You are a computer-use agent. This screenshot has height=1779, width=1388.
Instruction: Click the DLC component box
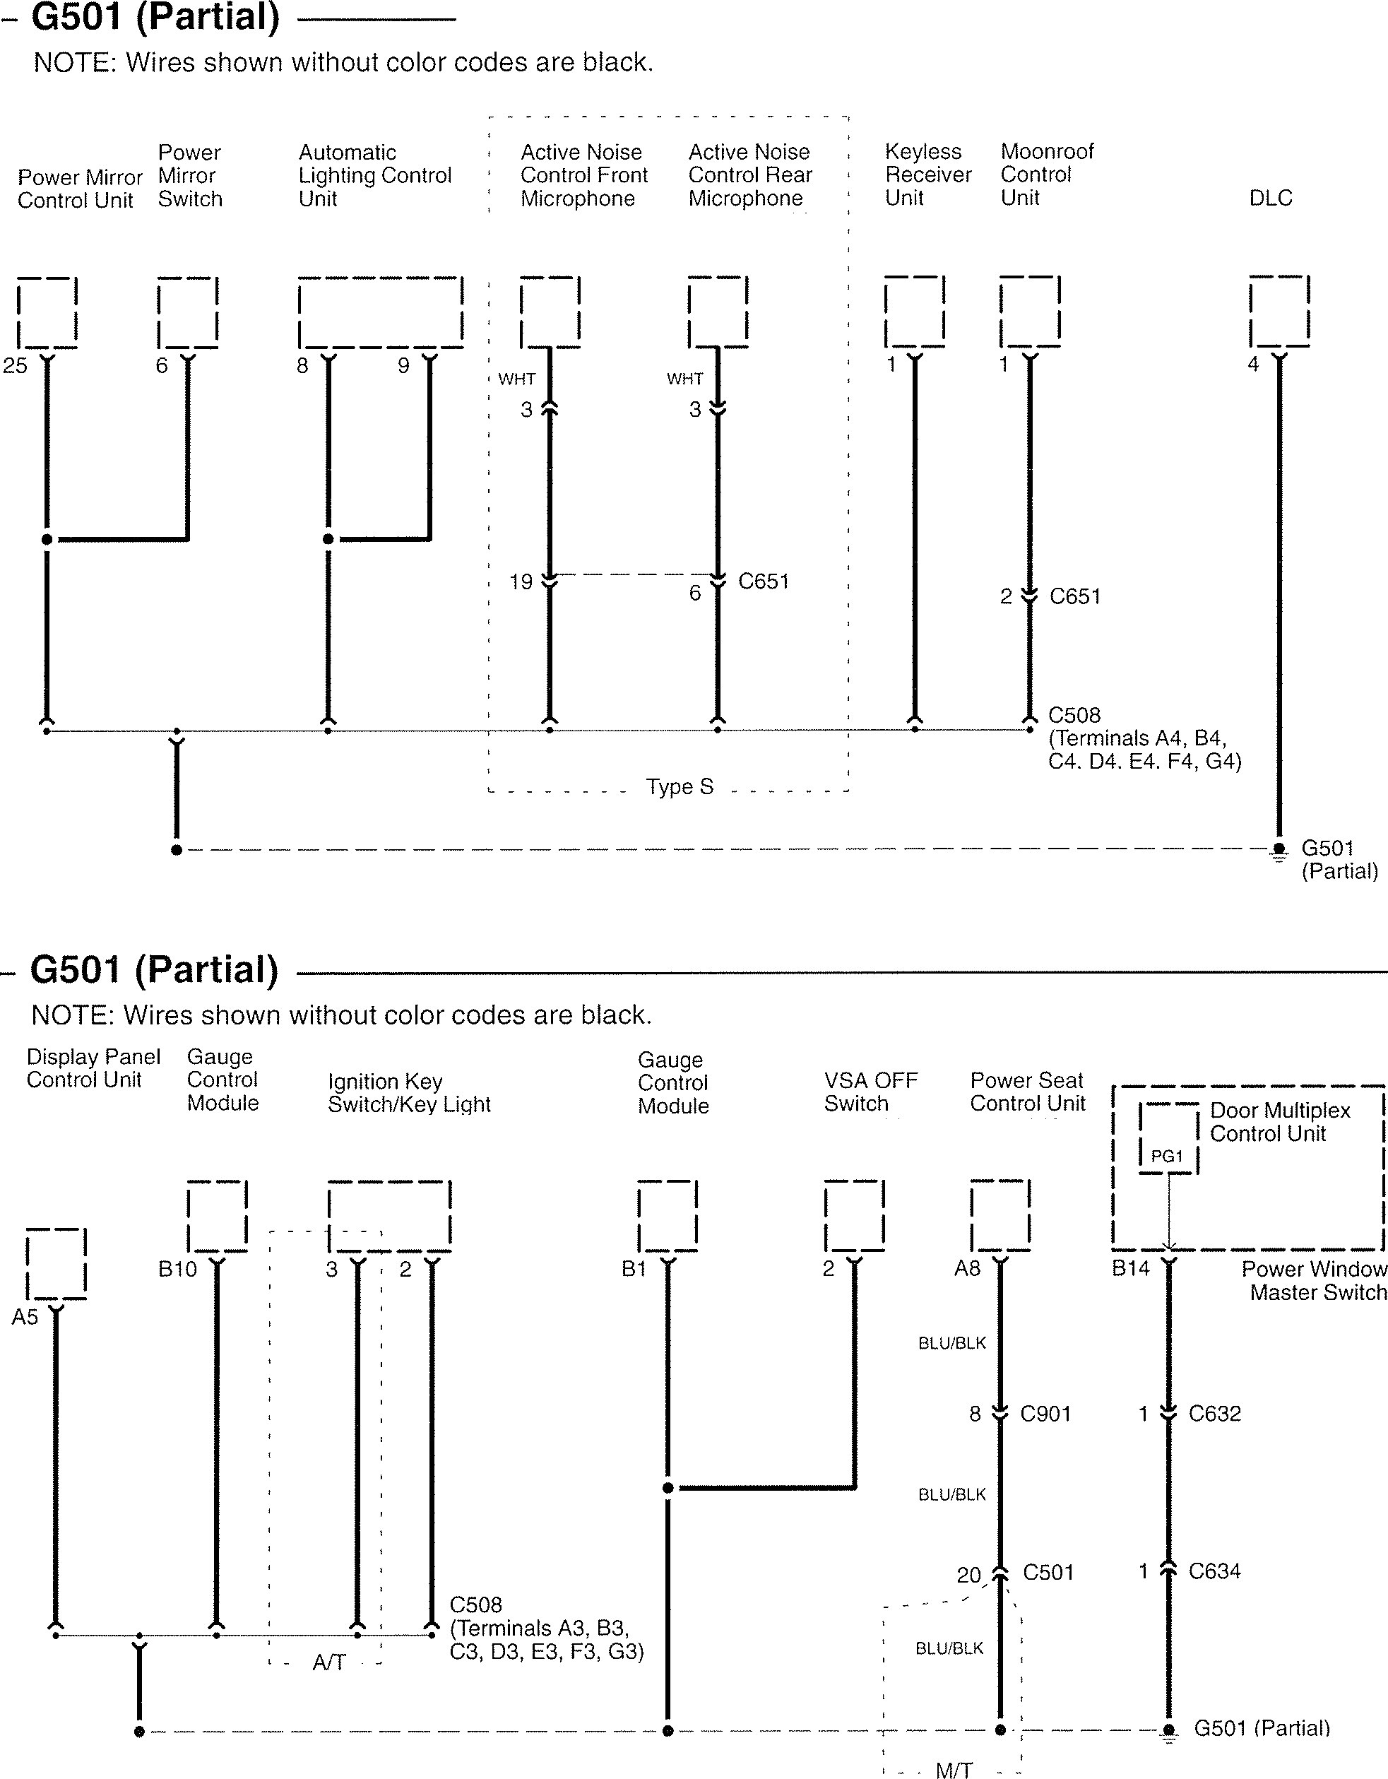point(1279,312)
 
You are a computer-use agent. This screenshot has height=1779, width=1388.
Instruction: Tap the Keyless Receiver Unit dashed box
point(914,312)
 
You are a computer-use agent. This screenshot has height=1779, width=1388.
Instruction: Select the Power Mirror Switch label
point(189,175)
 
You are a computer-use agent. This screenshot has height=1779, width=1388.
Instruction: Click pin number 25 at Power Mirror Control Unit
point(16,366)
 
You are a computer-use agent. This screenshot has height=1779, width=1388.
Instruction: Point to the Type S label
point(680,787)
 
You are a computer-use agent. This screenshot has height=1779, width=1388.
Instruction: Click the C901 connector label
point(1045,1414)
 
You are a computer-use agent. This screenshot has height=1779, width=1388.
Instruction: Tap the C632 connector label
point(1214,1414)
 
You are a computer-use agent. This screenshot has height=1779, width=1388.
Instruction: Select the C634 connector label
point(1214,1571)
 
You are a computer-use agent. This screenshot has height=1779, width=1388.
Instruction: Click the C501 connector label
point(1048,1572)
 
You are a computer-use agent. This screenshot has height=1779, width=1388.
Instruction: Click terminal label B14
point(1131,1269)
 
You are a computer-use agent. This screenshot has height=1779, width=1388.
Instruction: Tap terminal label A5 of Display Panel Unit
point(25,1318)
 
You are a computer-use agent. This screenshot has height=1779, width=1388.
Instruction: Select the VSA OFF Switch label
point(870,1092)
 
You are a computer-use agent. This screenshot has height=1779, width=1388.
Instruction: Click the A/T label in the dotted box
point(329,1662)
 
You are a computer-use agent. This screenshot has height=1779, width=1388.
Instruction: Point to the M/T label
point(953,1770)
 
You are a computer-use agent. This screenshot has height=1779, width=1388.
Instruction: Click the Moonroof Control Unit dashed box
point(1030,312)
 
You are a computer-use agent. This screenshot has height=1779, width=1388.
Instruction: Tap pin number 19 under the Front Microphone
point(521,581)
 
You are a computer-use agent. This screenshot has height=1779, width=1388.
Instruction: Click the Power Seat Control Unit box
point(1000,1214)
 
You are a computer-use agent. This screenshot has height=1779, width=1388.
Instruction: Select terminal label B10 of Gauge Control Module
point(177,1269)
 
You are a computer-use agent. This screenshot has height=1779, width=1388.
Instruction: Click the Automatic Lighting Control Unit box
point(381,312)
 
